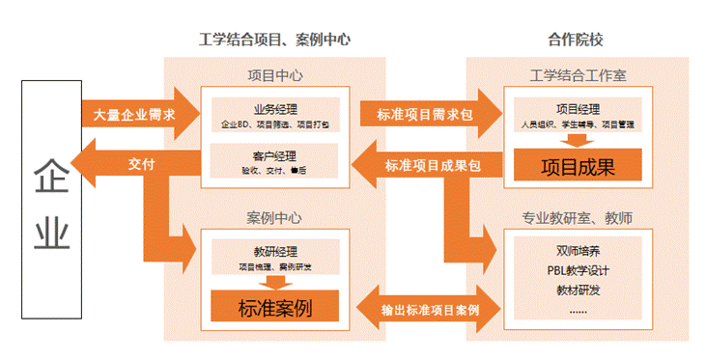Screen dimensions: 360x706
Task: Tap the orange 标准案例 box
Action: coord(275,308)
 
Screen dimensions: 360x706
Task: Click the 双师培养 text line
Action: coord(578,252)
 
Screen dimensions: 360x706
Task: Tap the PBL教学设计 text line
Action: coord(578,271)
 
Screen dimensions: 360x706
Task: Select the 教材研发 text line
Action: coord(578,291)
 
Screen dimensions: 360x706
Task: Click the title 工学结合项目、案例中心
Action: coord(273,40)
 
